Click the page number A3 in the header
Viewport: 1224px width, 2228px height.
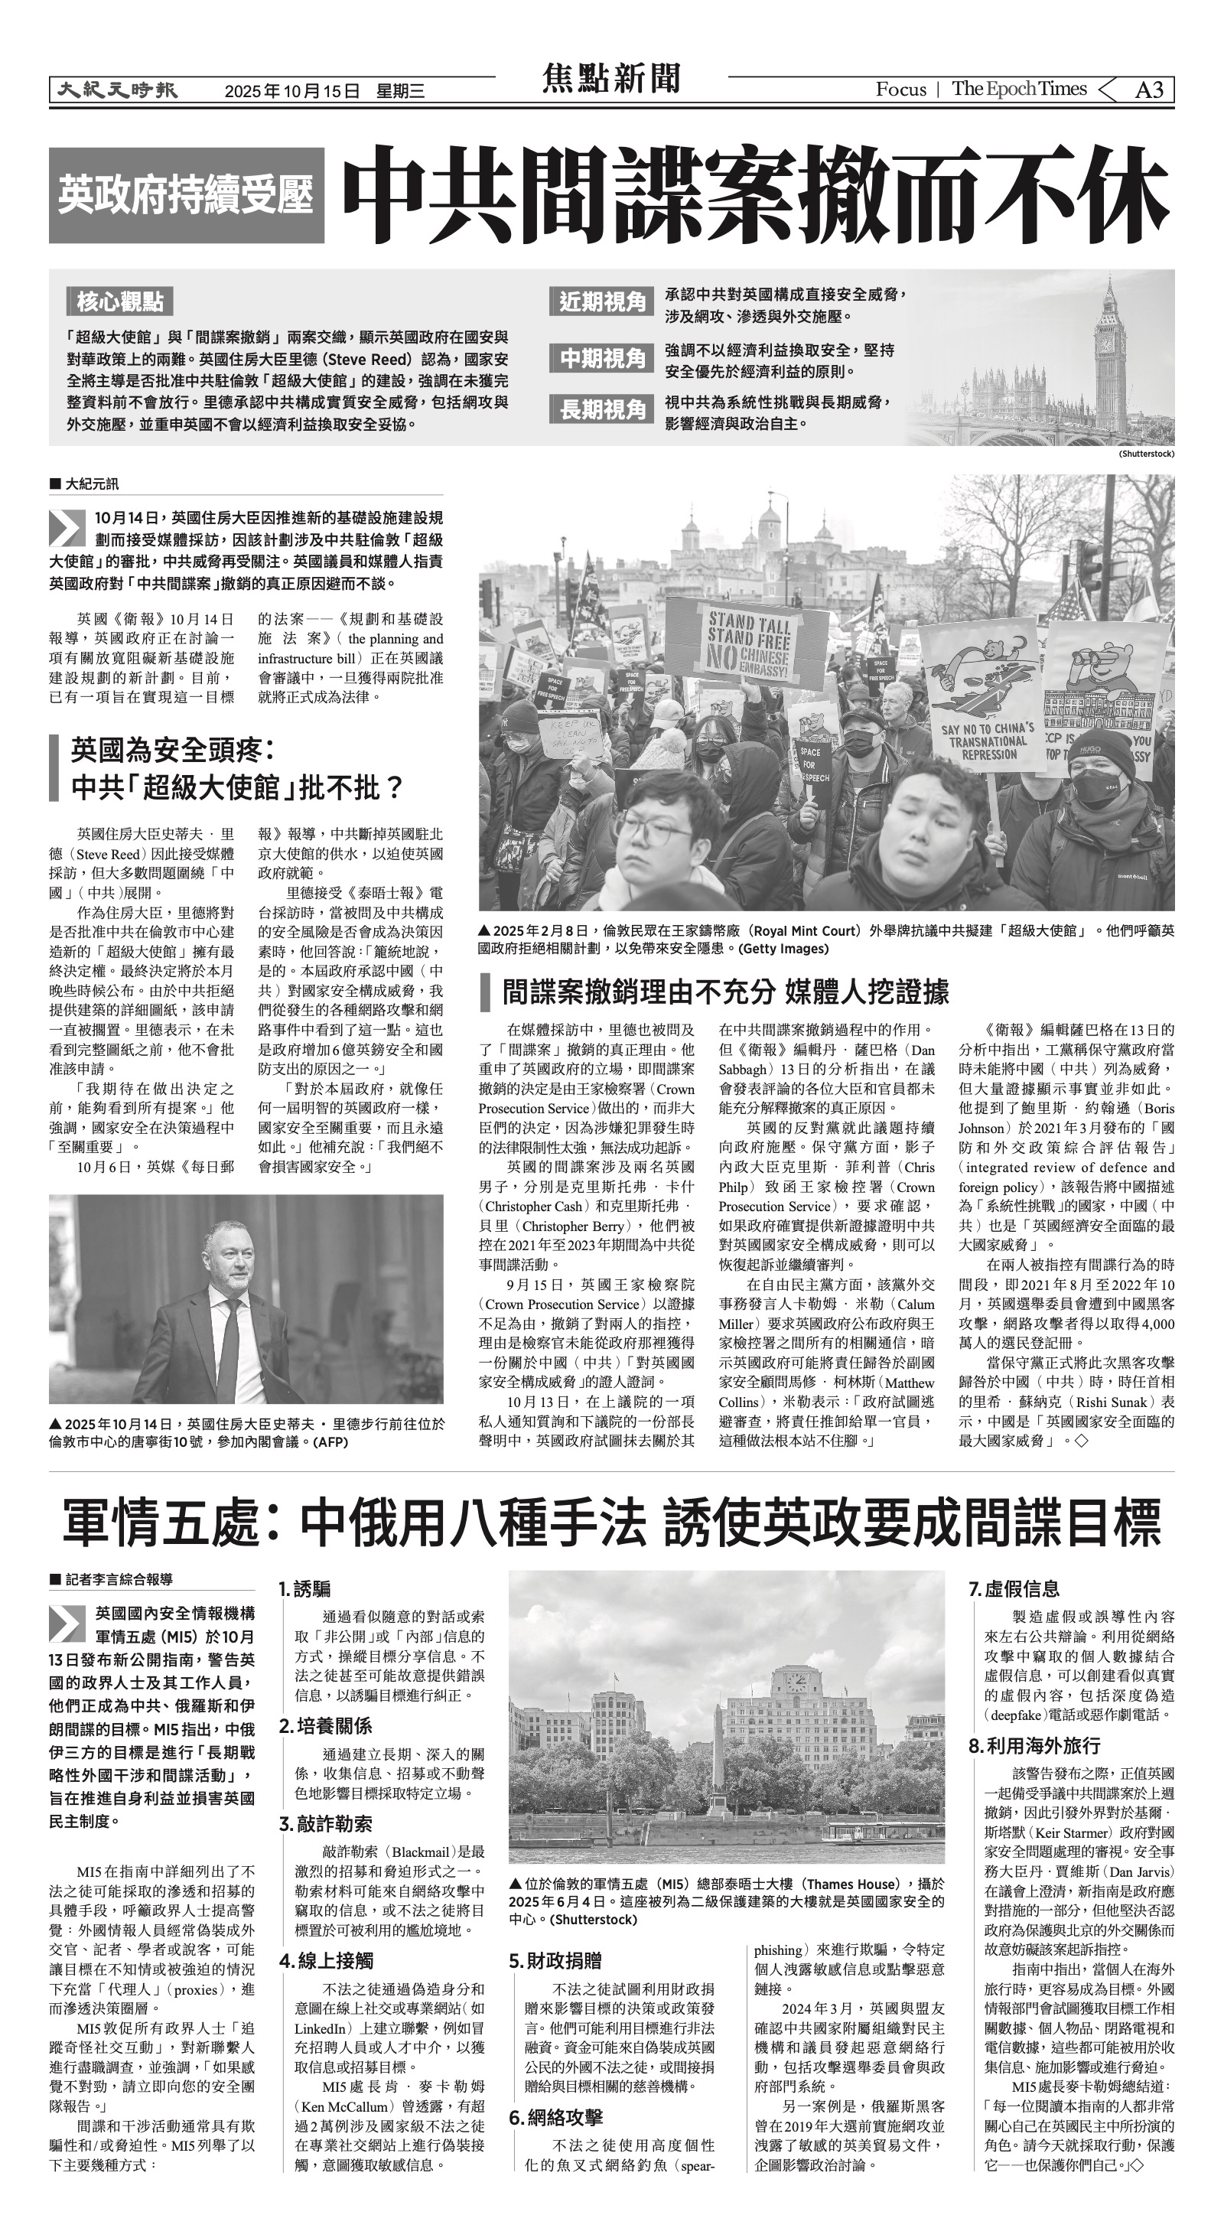tap(1149, 90)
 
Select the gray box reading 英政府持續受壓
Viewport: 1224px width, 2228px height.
tap(186, 194)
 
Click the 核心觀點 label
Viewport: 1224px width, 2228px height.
tap(120, 302)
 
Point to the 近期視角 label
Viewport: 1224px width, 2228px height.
tap(602, 302)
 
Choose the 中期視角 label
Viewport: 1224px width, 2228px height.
tap(602, 358)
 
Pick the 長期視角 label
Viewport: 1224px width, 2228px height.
tap(602, 409)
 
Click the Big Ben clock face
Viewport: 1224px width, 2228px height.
tap(1106, 342)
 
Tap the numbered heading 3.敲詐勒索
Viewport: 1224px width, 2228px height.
tap(325, 1824)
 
